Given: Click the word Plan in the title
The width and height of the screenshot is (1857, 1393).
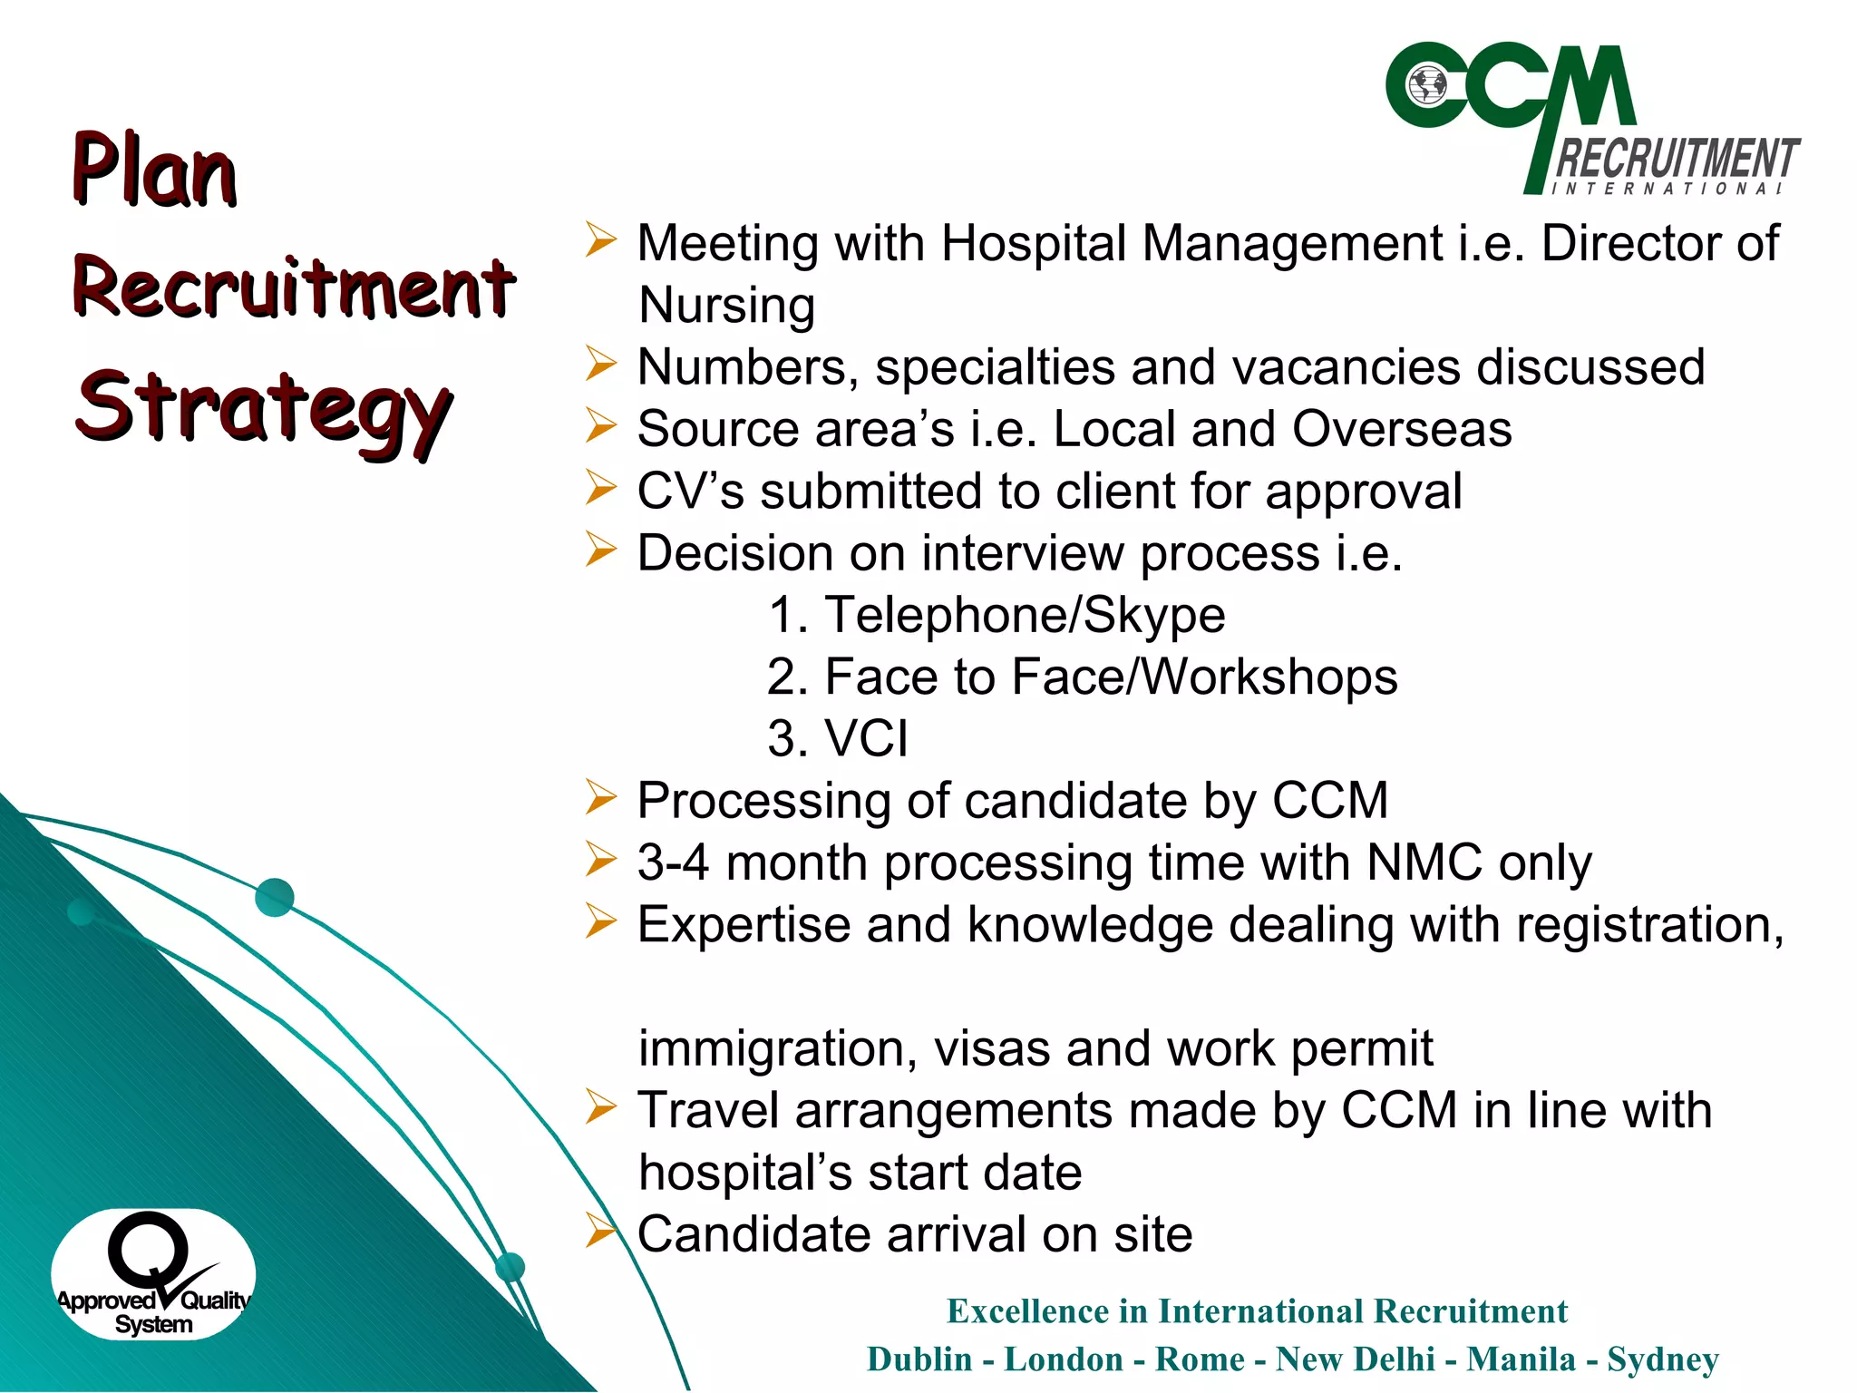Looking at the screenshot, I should [154, 170].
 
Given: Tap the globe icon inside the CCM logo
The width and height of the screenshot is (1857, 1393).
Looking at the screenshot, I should [1427, 86].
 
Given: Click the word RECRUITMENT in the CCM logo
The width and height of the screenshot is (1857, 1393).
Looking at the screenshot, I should [1677, 159].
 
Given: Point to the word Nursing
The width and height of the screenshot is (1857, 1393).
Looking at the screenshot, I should [726, 305].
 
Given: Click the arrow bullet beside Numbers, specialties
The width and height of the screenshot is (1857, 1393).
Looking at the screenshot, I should [600, 365].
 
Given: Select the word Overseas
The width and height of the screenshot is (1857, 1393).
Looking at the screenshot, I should [1402, 428].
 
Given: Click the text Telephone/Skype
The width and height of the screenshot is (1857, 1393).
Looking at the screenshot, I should [1025, 615].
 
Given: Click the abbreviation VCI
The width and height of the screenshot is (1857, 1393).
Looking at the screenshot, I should [865, 738].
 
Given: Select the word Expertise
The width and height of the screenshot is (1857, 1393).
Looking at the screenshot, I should [744, 925].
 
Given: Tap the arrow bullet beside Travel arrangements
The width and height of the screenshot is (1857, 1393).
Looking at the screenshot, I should [600, 1108].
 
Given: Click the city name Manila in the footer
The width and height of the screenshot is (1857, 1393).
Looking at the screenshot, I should [1521, 1359].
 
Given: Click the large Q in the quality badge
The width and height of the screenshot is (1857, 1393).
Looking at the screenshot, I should [148, 1250].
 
